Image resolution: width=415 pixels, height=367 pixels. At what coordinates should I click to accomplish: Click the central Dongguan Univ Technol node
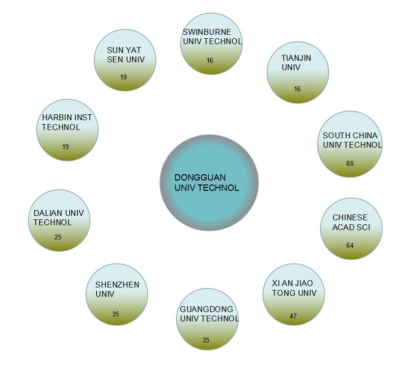click(x=209, y=183)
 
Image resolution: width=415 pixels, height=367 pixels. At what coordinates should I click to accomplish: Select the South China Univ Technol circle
click(x=350, y=144)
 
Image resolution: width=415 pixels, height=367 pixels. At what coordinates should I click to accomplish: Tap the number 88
click(x=350, y=163)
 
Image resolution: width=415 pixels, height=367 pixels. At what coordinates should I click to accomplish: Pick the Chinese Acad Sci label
click(x=351, y=222)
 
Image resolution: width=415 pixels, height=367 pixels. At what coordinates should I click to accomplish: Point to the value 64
click(x=350, y=245)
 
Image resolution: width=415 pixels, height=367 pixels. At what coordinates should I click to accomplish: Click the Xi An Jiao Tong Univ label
click(x=294, y=288)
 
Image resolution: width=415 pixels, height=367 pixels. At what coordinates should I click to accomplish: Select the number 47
click(x=293, y=316)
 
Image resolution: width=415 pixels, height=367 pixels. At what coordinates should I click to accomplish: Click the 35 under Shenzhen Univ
click(x=115, y=314)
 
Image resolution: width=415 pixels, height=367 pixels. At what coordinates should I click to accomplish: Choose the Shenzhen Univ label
click(x=117, y=289)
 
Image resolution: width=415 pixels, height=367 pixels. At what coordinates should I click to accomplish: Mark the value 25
click(x=58, y=237)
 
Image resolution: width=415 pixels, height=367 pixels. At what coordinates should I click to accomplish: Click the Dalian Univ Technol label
click(x=58, y=217)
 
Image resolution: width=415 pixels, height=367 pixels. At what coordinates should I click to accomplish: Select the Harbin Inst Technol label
click(x=67, y=122)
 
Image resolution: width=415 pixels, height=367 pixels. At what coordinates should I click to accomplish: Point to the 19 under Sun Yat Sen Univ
click(x=123, y=77)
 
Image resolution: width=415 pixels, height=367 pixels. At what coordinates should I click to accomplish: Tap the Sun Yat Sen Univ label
click(x=126, y=54)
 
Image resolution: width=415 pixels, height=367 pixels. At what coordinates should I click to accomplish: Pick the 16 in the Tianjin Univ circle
click(x=297, y=89)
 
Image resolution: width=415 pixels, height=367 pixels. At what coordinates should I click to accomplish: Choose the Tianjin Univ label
click(x=296, y=62)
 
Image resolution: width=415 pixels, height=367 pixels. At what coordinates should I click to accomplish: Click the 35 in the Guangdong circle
click(x=206, y=340)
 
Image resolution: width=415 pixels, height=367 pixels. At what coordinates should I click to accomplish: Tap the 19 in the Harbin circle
click(x=66, y=147)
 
